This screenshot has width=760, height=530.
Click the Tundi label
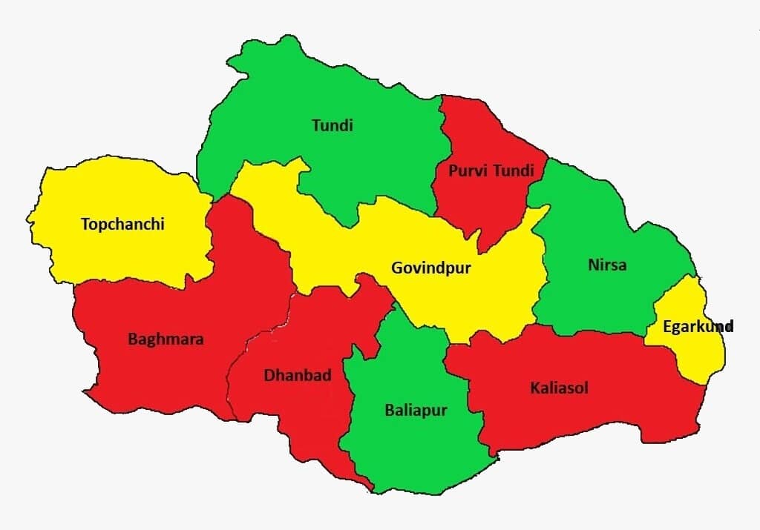point(332,125)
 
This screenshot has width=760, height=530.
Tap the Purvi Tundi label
point(491,171)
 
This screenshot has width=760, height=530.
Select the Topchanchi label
point(122,224)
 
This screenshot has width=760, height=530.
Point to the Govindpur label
point(430,268)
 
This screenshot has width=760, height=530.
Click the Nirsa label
point(606,265)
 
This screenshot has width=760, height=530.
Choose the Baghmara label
point(166,339)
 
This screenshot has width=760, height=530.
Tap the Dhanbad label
point(298,375)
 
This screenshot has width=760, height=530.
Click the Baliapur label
point(416,409)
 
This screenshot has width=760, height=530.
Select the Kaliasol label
point(559,387)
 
